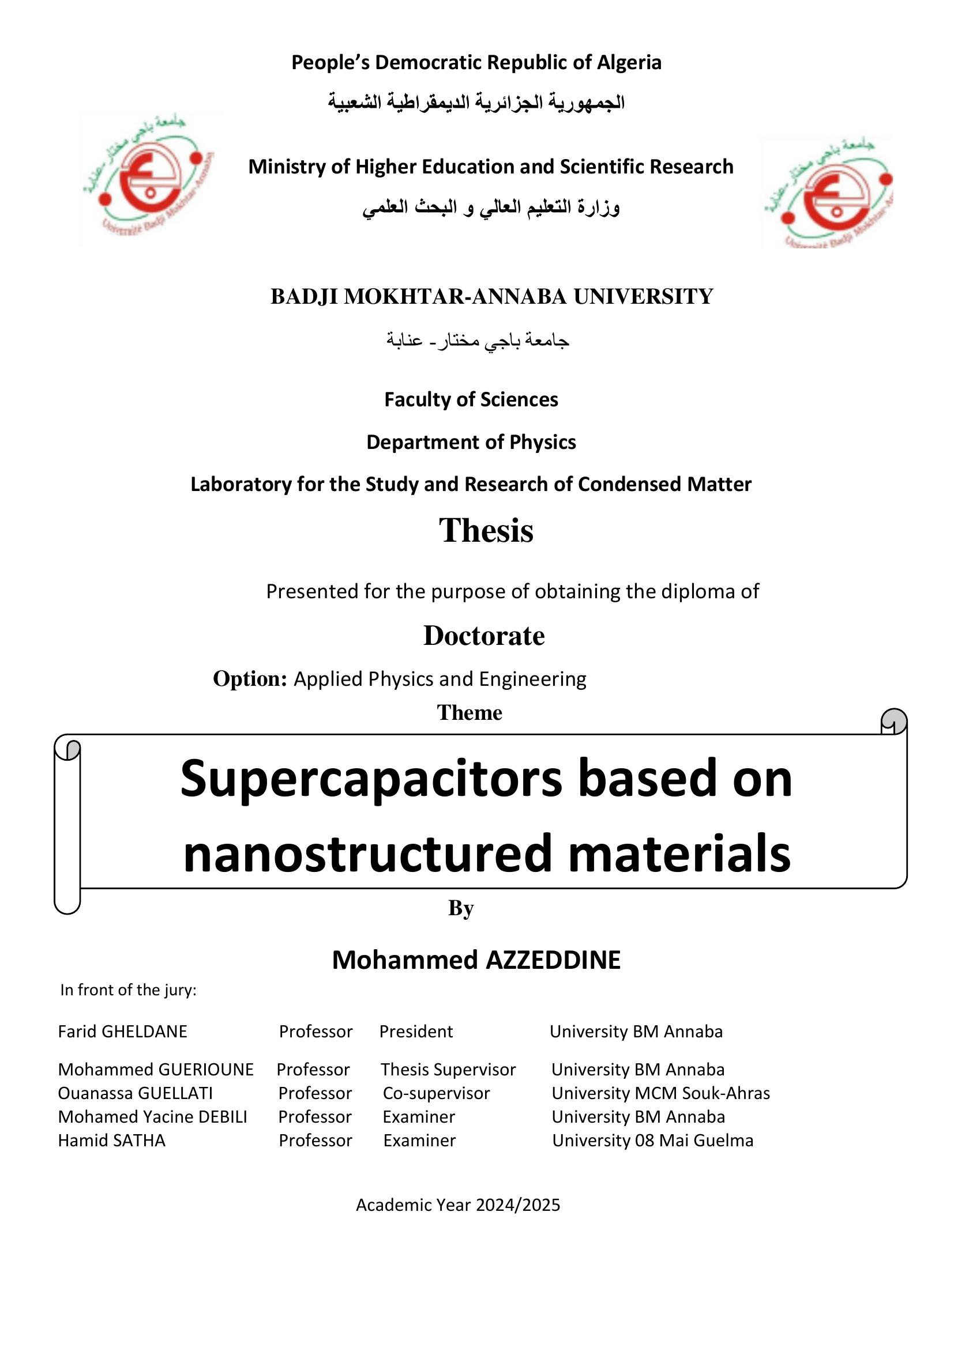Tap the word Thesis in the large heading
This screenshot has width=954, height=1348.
pos(486,530)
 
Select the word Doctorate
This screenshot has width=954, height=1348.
pos(484,636)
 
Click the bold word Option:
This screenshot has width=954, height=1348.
pos(250,679)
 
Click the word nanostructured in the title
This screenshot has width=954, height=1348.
pos(369,854)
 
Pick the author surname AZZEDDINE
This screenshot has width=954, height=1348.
pos(553,960)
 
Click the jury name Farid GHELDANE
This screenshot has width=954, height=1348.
pos(122,1032)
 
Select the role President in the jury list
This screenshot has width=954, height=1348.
pos(416,1032)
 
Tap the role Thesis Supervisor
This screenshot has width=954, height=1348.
pos(448,1070)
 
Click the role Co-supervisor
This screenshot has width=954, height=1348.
pos(436,1093)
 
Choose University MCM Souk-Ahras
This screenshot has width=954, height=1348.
pos(660,1093)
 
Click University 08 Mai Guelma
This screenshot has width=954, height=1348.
pos(652,1140)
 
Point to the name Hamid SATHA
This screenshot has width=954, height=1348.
pos(112,1140)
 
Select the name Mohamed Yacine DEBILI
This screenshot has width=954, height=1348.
pos(152,1117)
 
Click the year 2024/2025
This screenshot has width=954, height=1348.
pos(517,1204)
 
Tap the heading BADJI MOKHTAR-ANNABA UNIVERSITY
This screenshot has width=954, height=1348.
pos(491,296)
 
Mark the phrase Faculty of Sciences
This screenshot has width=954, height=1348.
pos(471,400)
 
